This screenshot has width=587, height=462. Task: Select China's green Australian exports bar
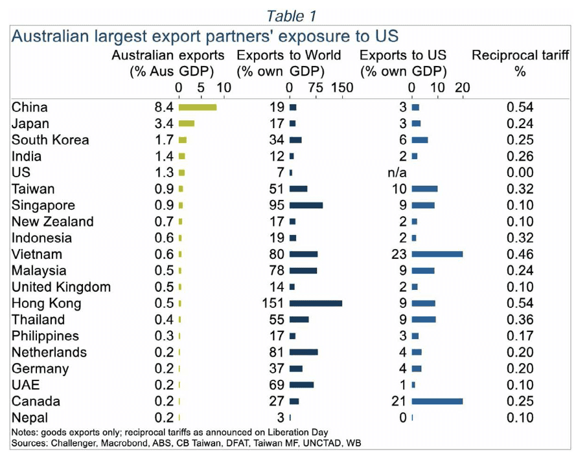[197, 107]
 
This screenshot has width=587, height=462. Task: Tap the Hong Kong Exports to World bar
[316, 303]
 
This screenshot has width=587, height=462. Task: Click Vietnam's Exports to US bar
[437, 254]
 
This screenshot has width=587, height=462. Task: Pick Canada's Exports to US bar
[437, 401]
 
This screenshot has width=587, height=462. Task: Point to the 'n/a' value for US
[397, 173]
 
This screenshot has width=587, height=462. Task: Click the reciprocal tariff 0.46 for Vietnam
[520, 254]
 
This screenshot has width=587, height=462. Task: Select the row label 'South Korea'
[50, 140]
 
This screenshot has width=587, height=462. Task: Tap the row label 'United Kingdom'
[61, 287]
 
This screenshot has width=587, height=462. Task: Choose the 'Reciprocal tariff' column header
[520, 56]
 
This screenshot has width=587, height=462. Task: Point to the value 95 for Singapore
[277, 206]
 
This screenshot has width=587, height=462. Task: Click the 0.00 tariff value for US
[520, 173]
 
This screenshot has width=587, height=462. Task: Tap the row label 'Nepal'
[30, 418]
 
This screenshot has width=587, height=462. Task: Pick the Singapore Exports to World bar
[306, 206]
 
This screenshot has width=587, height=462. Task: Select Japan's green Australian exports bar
[186, 124]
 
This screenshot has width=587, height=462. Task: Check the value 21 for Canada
[398, 401]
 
